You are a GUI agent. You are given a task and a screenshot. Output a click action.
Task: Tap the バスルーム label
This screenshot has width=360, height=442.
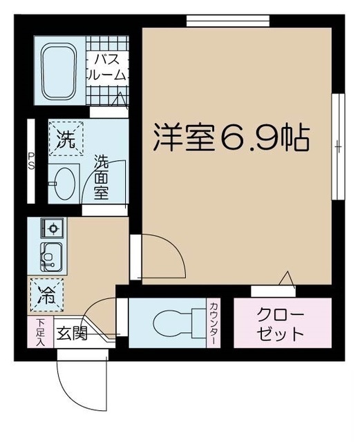107,67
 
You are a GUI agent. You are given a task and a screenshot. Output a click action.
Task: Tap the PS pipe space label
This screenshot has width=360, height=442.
31,162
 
